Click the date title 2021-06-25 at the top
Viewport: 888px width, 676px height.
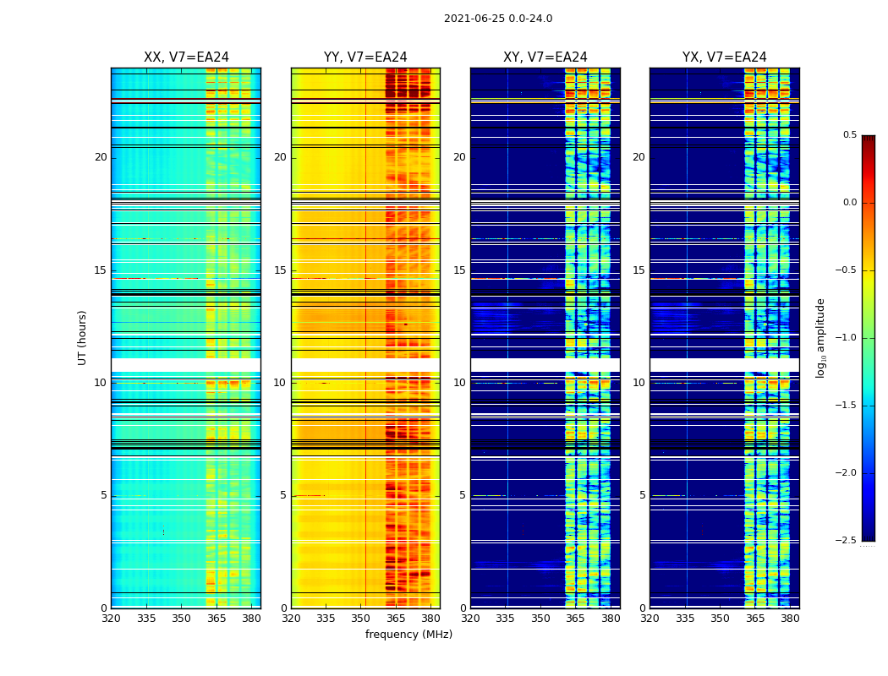tap(498, 19)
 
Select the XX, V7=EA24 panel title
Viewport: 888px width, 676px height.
tap(186, 57)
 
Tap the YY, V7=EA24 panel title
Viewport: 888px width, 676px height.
tap(365, 57)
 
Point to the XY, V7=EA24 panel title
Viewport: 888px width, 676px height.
tap(545, 57)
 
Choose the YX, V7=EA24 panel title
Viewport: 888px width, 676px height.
tap(725, 57)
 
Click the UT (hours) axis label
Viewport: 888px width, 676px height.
tap(83, 337)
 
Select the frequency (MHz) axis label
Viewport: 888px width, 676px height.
tap(408, 635)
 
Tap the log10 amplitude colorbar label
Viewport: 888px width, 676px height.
tap(820, 337)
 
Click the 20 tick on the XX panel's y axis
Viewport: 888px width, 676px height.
tap(101, 157)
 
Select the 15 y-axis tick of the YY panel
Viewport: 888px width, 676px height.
tap(280, 270)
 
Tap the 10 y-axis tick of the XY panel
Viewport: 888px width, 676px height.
tap(459, 383)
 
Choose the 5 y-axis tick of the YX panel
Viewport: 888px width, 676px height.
tap(642, 495)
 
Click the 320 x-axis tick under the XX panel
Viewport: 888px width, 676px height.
tap(111, 618)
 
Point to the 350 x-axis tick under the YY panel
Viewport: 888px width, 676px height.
tap(361, 618)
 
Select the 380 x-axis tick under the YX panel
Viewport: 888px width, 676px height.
tap(790, 618)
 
